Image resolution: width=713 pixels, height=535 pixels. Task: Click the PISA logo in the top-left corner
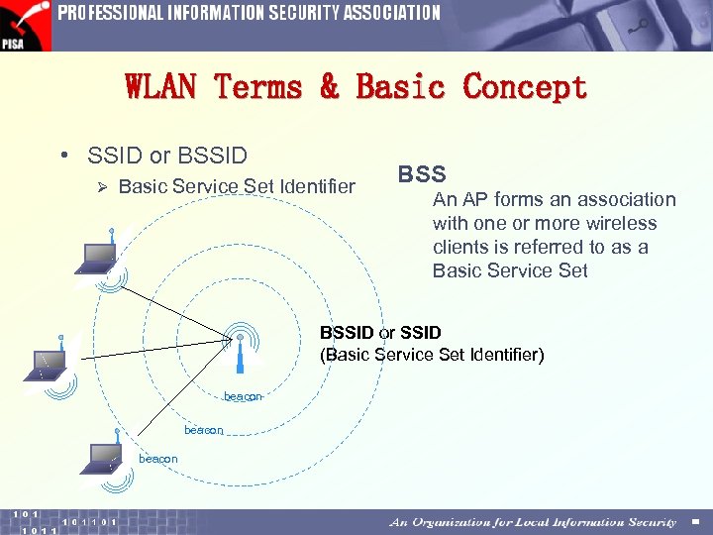25,26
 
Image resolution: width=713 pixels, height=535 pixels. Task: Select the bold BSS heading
422,174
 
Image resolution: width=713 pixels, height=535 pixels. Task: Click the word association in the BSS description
625,199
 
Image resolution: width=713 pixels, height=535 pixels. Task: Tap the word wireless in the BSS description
621,223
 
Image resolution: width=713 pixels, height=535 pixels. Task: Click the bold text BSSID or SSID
380,333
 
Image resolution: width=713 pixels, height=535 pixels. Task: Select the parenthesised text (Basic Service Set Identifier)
432,355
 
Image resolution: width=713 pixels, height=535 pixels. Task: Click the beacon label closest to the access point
243,396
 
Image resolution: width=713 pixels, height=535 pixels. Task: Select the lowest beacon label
158,459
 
